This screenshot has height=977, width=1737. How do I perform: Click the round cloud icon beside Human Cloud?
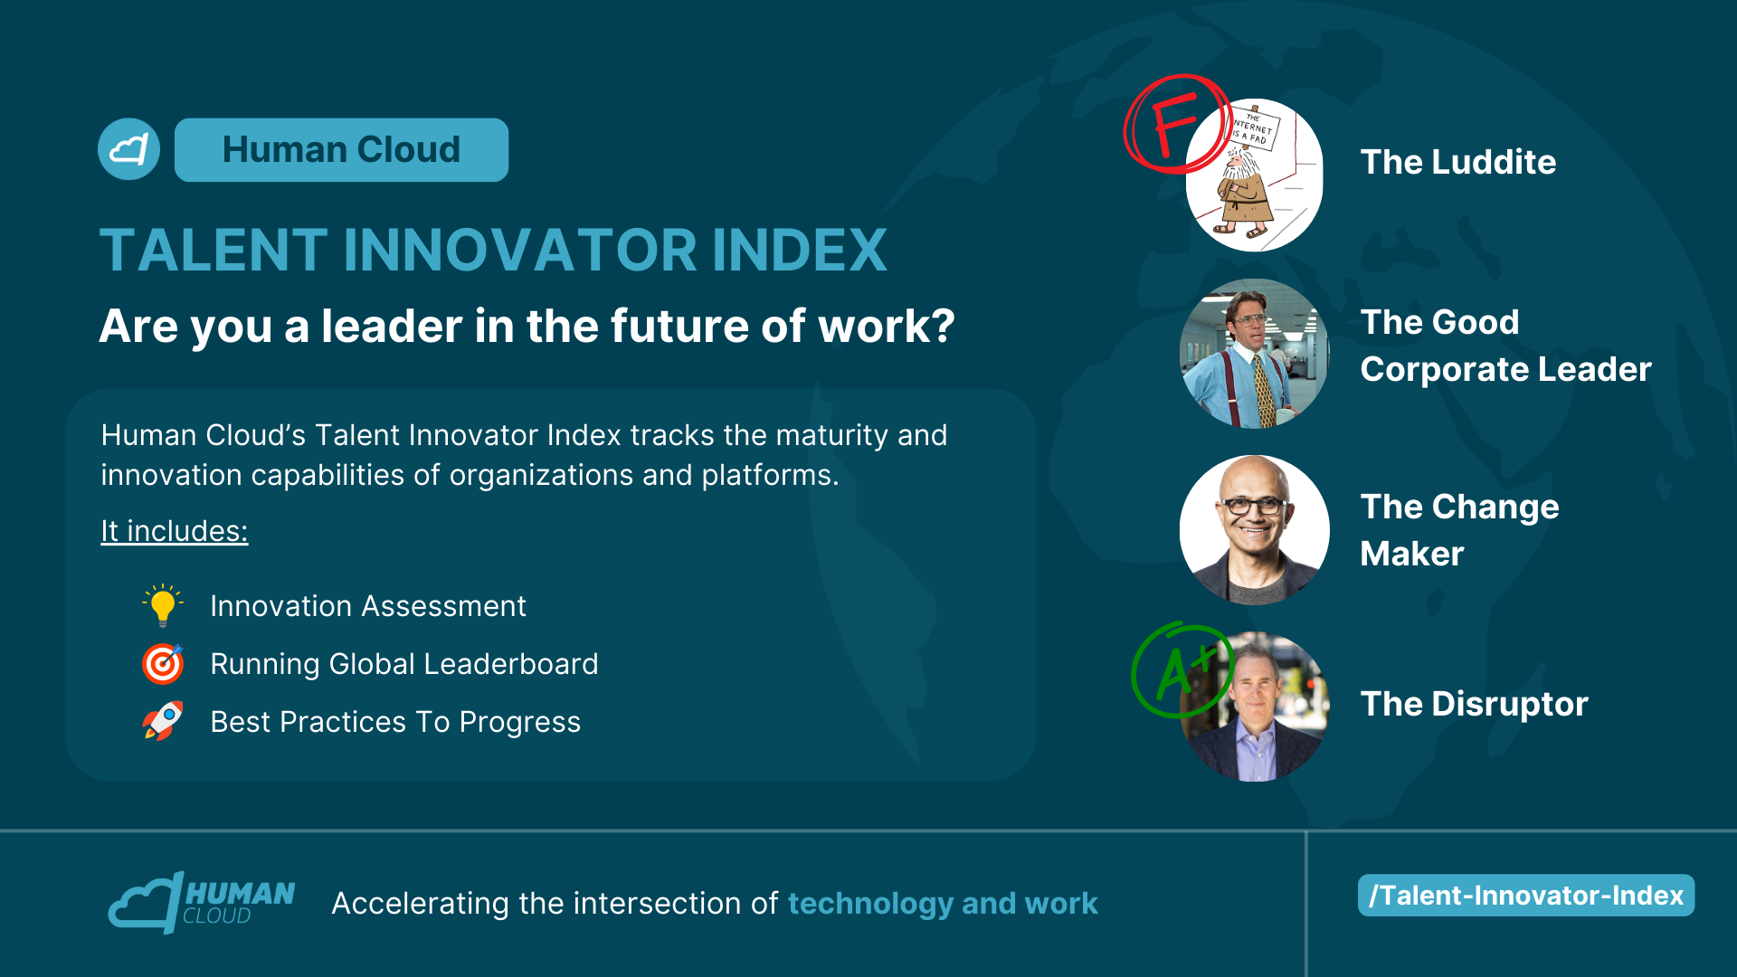coord(128,149)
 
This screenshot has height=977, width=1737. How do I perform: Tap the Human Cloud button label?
coord(341,149)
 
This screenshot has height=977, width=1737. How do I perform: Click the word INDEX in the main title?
coord(800,250)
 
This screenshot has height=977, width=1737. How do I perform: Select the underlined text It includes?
coord(174,531)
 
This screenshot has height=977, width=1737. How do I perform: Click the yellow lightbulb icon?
coord(163,605)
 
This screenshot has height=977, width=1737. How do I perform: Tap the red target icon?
coord(163,664)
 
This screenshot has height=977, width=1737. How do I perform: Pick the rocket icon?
coord(163,721)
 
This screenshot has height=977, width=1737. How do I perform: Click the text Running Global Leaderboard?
coord(404,664)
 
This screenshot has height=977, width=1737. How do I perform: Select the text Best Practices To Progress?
coord(395,722)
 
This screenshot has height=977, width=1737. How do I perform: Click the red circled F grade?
coord(1177,124)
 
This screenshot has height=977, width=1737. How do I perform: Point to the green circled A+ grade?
coord(1182,670)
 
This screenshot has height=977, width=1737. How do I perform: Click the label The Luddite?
coord(1458,162)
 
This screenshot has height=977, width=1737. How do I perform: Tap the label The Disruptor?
coord(1475,704)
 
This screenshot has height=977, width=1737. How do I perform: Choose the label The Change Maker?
coord(1459,530)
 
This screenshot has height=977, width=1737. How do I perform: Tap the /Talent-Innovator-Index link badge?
coord(1526,896)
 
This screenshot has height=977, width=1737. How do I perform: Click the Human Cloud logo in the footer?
coord(202,902)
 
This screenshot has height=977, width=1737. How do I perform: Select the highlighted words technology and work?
coord(943,903)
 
